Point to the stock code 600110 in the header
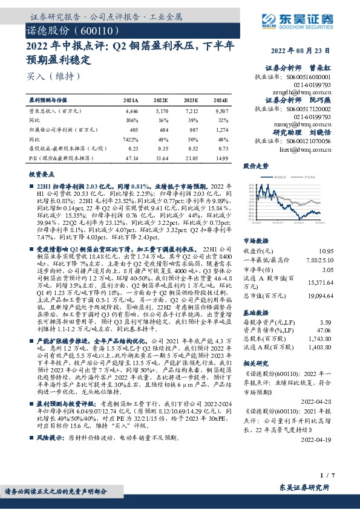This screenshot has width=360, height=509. point(91,30)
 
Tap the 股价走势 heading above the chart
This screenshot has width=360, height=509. point(256,165)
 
